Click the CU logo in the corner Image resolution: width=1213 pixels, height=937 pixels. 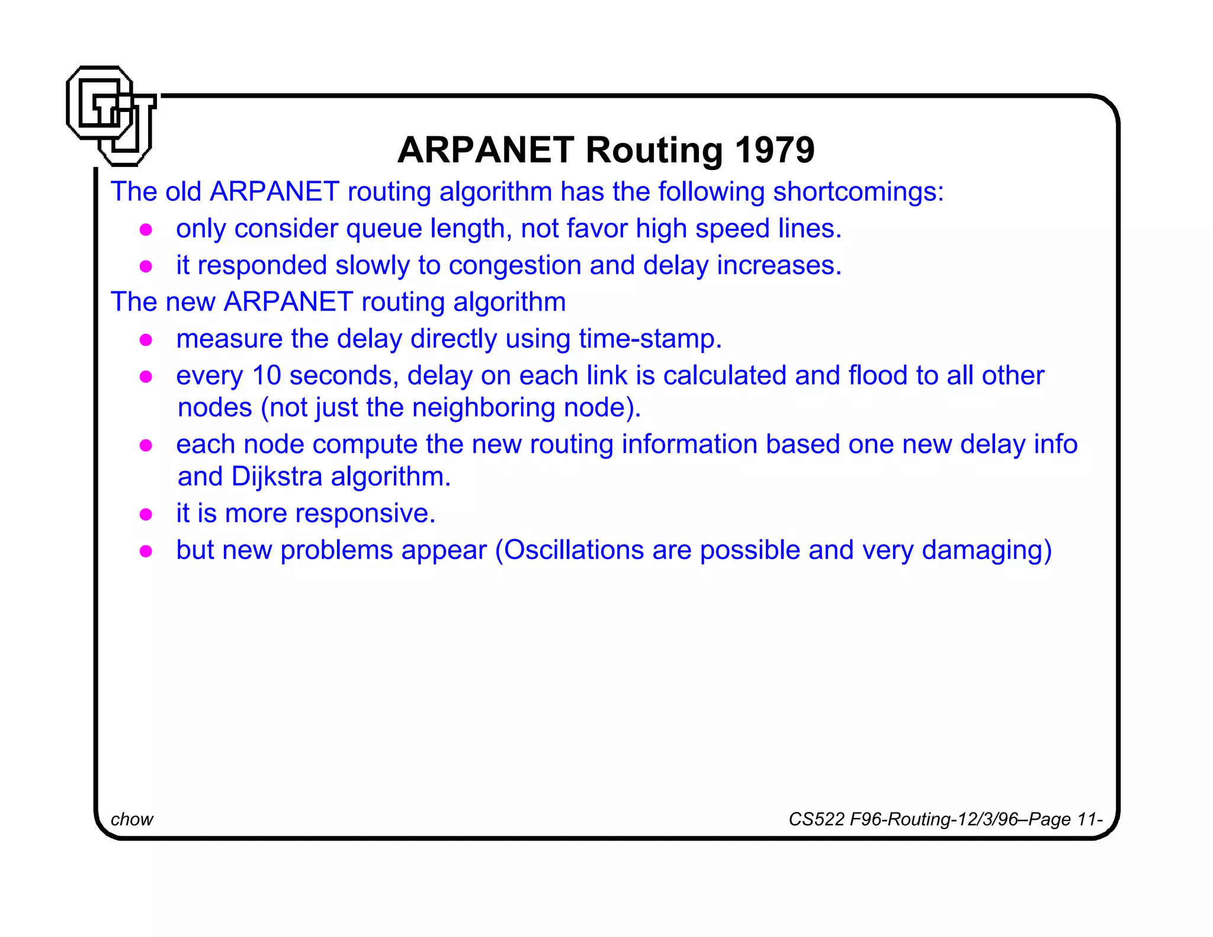pyautogui.click(x=111, y=115)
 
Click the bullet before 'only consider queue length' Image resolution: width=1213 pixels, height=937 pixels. pyautogui.click(x=146, y=230)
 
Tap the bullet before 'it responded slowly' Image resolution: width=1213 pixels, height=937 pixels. pyautogui.click(x=146, y=267)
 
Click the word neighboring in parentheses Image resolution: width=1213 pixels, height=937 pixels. pyautogui.click(x=483, y=408)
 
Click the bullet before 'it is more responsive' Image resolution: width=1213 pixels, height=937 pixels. pyautogui.click(x=146, y=514)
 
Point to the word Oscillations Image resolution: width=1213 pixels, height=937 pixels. pyautogui.click(x=573, y=550)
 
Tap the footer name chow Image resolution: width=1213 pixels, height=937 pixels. pyautogui.click(x=131, y=819)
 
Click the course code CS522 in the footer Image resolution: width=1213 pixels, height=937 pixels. pyautogui.click(x=816, y=819)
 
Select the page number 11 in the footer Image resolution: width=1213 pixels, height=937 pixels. pyautogui.click(x=1087, y=819)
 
